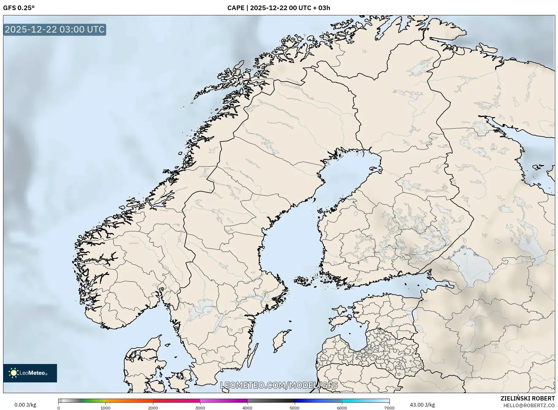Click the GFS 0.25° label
click(x=19, y=8)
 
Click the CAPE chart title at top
click(x=279, y=8)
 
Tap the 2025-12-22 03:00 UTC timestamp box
click(x=55, y=29)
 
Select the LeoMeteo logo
click(x=30, y=373)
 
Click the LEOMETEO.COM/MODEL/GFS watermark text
click(x=279, y=385)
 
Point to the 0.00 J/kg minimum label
click(x=25, y=405)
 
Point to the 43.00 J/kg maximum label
click(x=422, y=405)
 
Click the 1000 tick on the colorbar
click(x=105, y=408)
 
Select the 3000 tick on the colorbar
click(x=200, y=408)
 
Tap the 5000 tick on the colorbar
click(x=295, y=408)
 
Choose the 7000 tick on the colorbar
click(x=389, y=408)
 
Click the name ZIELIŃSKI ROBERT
click(x=527, y=398)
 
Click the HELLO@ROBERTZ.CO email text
click(x=529, y=405)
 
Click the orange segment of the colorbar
click(x=129, y=400)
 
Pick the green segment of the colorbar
click(x=93, y=400)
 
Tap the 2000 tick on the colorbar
click(x=153, y=408)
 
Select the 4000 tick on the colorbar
click(x=248, y=408)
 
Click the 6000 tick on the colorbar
click(x=342, y=408)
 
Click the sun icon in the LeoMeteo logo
click(x=13, y=373)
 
